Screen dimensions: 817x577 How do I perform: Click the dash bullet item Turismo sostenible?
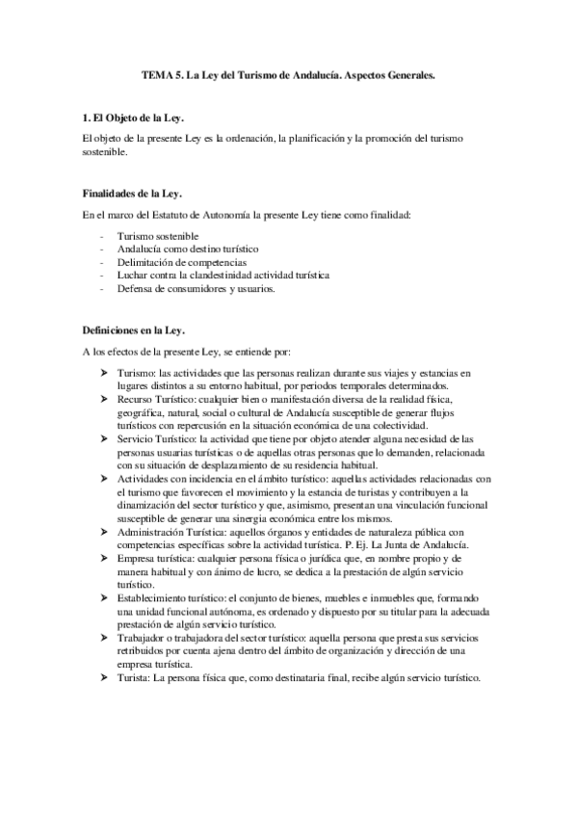click(x=158, y=235)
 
